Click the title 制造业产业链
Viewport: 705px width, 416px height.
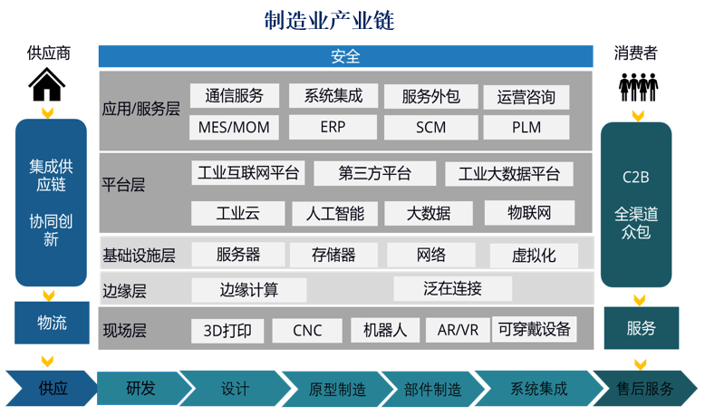pyautogui.click(x=329, y=21)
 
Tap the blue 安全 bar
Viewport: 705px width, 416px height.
pyautogui.click(x=345, y=56)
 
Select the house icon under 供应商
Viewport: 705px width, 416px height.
pyautogui.click(x=47, y=84)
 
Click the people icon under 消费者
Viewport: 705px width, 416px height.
pyautogui.click(x=638, y=87)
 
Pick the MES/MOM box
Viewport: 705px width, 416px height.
pyautogui.click(x=234, y=127)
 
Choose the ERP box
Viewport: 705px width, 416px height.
pyautogui.click(x=333, y=127)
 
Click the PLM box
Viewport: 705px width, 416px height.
pyautogui.click(x=526, y=127)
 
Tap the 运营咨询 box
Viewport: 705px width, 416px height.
pyautogui.click(x=526, y=97)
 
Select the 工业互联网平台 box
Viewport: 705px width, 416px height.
pyautogui.click(x=248, y=173)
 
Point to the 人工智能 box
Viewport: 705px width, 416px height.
pyautogui.click(x=335, y=213)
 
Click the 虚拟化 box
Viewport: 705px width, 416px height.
pyautogui.click(x=534, y=256)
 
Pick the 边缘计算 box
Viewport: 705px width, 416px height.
pyautogui.click(x=249, y=290)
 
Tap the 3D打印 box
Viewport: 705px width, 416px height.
pyautogui.click(x=227, y=331)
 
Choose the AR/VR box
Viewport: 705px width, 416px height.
pyautogui.click(x=458, y=330)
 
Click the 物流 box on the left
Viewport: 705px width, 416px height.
pyautogui.click(x=52, y=323)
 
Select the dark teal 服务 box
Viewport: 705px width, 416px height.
pyautogui.click(x=642, y=328)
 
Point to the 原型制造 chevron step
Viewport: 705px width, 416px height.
pyautogui.click(x=337, y=389)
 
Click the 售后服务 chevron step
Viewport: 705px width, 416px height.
pyautogui.click(x=645, y=389)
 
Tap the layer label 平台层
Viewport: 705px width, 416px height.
pyautogui.click(x=123, y=184)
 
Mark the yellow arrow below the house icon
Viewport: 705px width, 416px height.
pyautogui.click(x=48, y=112)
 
